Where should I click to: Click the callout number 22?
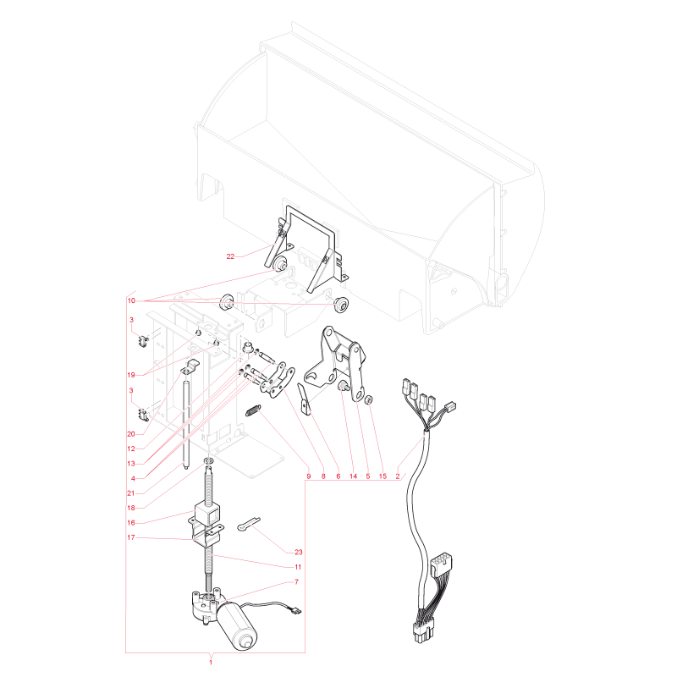(x=230, y=256)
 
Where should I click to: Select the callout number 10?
(x=131, y=300)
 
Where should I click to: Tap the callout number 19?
(x=131, y=375)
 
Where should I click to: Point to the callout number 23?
(x=299, y=553)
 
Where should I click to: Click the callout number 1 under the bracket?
(x=211, y=662)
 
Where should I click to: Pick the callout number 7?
(x=297, y=582)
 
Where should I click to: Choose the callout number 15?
(x=383, y=476)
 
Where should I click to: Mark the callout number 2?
(x=398, y=476)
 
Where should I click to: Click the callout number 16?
(x=131, y=523)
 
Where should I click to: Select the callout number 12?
(x=131, y=449)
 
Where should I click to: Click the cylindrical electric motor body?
(x=237, y=625)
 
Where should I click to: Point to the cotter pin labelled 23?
(x=248, y=523)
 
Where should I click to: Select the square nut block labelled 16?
(x=207, y=513)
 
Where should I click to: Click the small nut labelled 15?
(x=369, y=399)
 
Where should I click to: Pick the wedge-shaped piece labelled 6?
(x=305, y=399)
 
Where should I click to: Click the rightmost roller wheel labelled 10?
(x=341, y=305)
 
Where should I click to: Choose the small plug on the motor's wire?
(x=297, y=610)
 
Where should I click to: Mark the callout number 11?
(x=298, y=567)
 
